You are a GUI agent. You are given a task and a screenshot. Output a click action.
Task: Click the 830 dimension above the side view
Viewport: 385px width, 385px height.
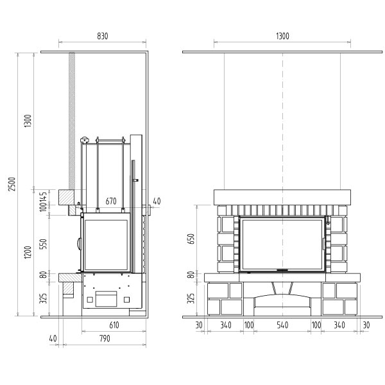pos(103,36)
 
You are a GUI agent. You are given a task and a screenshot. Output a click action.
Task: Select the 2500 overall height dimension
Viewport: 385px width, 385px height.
pos(12,184)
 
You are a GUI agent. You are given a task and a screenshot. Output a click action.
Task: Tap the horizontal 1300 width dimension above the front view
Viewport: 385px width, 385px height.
pos(282,36)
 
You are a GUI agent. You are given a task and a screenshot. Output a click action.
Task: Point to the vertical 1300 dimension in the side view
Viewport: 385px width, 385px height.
pos(28,121)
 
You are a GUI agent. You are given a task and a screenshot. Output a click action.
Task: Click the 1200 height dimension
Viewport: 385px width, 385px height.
pos(28,252)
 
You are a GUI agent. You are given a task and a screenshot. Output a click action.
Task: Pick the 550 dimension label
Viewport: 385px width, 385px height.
pos(43,244)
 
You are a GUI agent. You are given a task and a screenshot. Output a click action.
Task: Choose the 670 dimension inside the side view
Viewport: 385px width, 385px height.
pos(111,201)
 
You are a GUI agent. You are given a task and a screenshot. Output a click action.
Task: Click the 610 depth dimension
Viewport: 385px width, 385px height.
pos(114,325)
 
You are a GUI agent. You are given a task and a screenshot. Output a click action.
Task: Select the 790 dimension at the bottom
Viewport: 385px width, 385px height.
pos(105,339)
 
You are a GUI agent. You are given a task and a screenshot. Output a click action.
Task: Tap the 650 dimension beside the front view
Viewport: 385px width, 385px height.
pos(191,239)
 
